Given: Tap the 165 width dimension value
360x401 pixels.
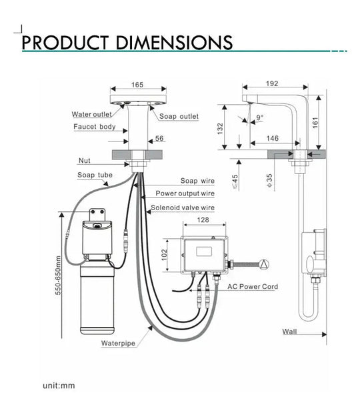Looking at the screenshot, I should [x=137, y=85].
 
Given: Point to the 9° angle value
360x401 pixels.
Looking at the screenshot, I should [x=259, y=118].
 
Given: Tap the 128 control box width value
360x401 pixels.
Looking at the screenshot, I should [x=203, y=220].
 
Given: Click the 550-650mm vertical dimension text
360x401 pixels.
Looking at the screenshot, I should [x=58, y=274].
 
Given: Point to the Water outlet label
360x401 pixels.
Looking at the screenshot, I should [x=91, y=114].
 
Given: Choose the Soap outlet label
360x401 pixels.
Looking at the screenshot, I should [x=179, y=116].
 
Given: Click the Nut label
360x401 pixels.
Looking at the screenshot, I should [x=84, y=161].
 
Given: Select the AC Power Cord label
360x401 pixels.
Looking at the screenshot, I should [x=253, y=286].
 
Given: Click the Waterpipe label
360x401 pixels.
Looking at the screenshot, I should [x=119, y=344].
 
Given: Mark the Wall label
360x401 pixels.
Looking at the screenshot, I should [x=290, y=331].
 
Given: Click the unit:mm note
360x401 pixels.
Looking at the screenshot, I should [x=59, y=386].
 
